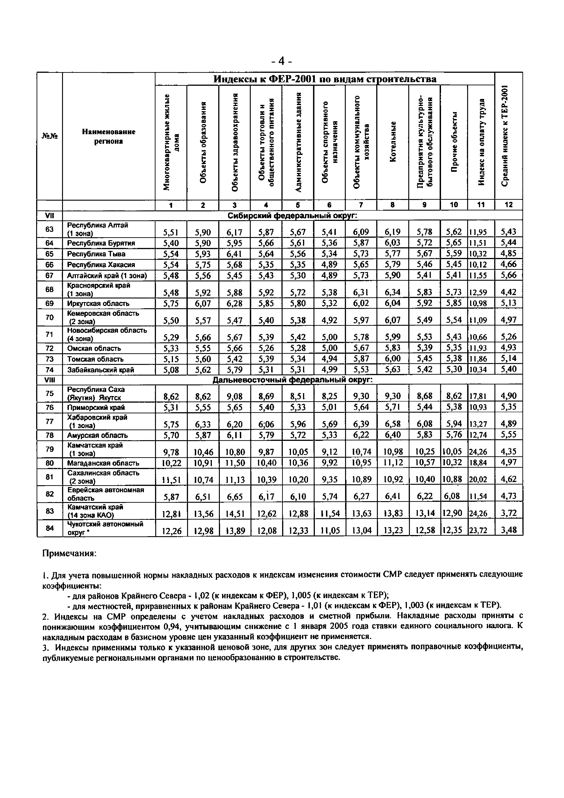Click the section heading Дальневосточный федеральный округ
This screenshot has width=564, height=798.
pos(292,380)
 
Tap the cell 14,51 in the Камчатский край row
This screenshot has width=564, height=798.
pos(235,513)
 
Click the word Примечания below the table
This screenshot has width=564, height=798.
pos(69,553)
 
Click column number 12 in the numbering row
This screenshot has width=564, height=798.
pos(509,205)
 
